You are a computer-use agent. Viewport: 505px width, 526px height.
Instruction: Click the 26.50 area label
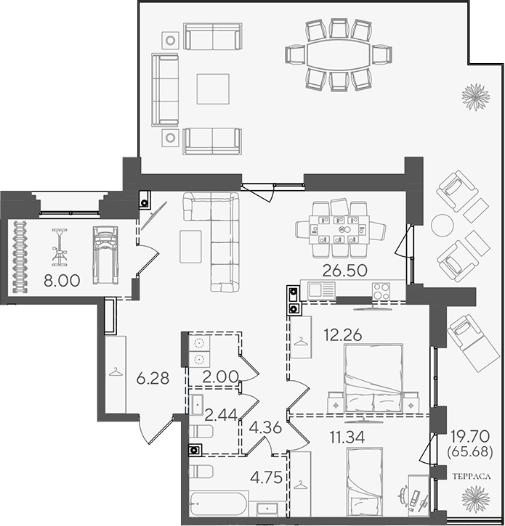[x=344, y=271]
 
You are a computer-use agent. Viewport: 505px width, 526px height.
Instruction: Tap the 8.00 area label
[x=62, y=281]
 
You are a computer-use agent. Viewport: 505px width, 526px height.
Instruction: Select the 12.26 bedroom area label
[x=343, y=334]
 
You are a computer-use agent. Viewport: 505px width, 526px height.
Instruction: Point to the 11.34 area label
[x=347, y=437]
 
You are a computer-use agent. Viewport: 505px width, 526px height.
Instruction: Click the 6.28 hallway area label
[x=153, y=378]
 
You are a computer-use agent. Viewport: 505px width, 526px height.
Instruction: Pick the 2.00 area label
[x=221, y=377]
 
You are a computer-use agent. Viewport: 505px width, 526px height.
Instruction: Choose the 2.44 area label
[x=221, y=415]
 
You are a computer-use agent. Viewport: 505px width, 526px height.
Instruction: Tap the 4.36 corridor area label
[x=265, y=428]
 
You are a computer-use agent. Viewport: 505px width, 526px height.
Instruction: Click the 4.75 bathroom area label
[x=267, y=477]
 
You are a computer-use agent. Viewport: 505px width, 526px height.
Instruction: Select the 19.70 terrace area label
[x=470, y=437]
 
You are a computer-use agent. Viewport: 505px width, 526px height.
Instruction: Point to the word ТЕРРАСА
[x=472, y=477]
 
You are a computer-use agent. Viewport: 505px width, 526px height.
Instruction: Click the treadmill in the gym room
[x=105, y=255]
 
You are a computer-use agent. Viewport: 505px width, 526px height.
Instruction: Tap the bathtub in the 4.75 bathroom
[x=219, y=504]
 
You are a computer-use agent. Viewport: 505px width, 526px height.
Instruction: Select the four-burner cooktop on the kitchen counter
[x=381, y=291]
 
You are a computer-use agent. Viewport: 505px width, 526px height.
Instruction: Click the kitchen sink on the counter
[x=322, y=290]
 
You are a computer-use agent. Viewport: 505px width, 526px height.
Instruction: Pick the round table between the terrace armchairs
[x=443, y=226]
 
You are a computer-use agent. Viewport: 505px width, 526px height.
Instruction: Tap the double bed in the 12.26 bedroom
[x=373, y=378]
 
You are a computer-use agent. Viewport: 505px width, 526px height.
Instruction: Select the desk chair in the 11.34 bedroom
[x=403, y=493]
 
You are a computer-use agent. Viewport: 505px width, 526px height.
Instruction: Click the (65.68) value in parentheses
[x=470, y=451]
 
